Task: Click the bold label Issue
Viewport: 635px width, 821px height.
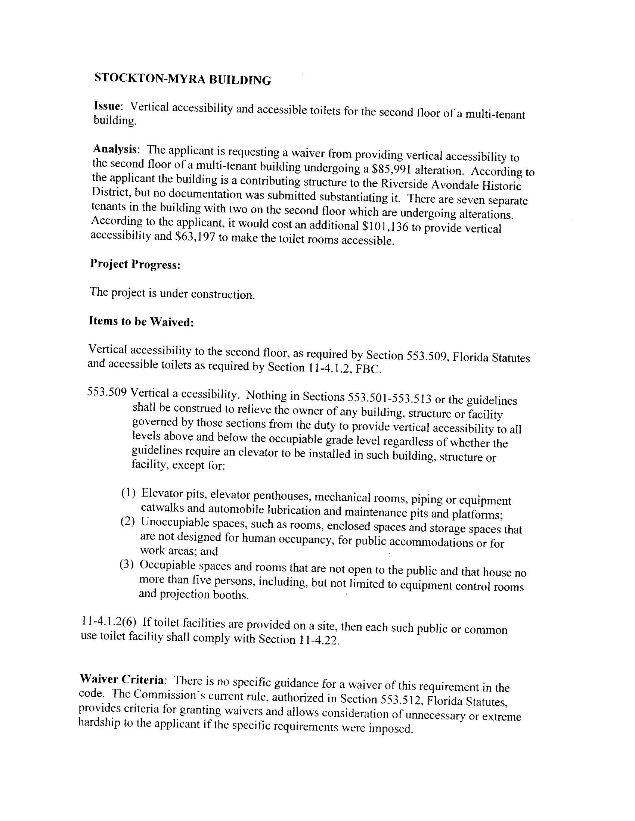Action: click(107, 106)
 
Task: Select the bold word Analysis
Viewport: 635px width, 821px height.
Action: click(115, 149)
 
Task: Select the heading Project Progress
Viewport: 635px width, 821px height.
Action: click(135, 264)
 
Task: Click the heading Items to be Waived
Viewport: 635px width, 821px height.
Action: click(141, 321)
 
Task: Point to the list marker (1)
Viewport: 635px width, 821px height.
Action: click(128, 492)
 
